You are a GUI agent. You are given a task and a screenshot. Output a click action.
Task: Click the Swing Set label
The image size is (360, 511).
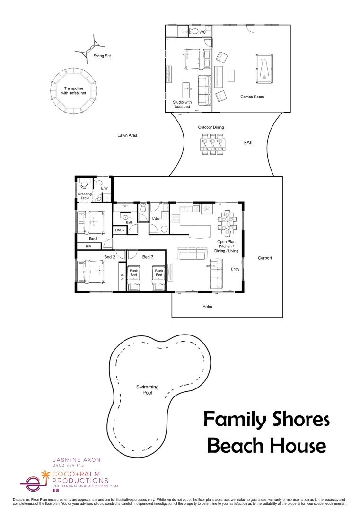click(102, 56)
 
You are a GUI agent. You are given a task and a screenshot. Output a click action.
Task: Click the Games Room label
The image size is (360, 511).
click(252, 97)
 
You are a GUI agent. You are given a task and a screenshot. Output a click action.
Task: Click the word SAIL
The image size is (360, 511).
click(249, 142)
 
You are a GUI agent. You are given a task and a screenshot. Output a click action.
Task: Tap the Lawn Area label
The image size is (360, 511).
click(127, 135)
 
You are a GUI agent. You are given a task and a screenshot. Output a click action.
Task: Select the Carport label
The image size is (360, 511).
click(265, 258)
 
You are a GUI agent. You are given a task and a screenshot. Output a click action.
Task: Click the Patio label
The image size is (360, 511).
click(207, 307)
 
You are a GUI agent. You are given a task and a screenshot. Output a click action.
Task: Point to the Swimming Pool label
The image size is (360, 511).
click(147, 390)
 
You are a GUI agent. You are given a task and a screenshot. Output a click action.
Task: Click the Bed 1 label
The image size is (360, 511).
click(95, 238)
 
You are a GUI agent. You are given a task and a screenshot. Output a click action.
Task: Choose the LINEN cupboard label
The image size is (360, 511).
click(120, 230)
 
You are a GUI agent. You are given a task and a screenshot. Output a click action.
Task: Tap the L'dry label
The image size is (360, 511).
click(156, 218)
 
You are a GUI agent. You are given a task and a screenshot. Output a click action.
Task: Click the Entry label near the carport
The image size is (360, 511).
click(235, 269)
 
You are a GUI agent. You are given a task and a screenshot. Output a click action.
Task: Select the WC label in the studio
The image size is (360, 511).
click(202, 32)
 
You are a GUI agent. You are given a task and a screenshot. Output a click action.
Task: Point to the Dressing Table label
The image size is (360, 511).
click(85, 196)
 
